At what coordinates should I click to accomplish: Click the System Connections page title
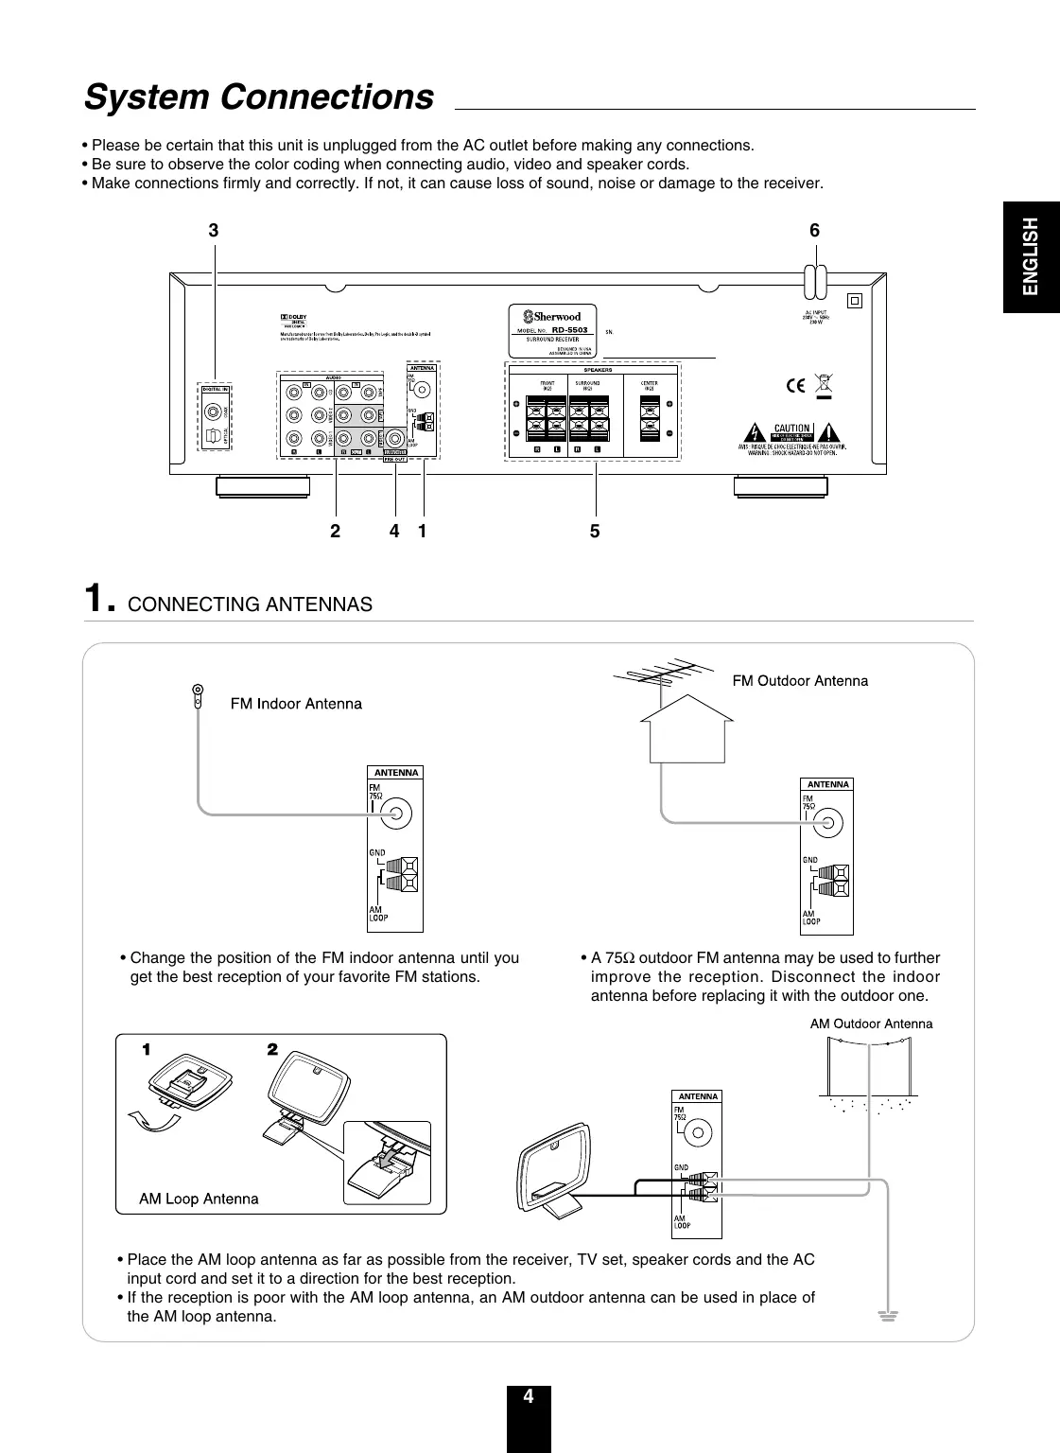pyautogui.click(x=259, y=97)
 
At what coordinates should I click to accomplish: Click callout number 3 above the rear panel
pyautogui.click(x=214, y=231)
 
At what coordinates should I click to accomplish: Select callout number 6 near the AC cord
pyautogui.click(x=815, y=231)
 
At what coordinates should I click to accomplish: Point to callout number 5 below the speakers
pyautogui.click(x=595, y=532)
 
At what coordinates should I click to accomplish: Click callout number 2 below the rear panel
pyautogui.click(x=335, y=532)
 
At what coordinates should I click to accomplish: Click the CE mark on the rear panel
pyautogui.click(x=795, y=385)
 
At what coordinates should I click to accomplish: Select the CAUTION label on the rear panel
pyautogui.click(x=791, y=429)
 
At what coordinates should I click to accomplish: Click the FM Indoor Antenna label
pyautogui.click(x=296, y=704)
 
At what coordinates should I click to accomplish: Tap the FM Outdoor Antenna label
pyautogui.click(x=800, y=681)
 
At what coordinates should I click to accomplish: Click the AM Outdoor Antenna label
pyautogui.click(x=871, y=1024)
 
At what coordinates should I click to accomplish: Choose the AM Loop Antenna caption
pyautogui.click(x=199, y=1199)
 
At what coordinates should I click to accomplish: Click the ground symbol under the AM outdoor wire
pyautogui.click(x=886, y=1316)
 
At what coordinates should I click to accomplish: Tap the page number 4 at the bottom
pyautogui.click(x=529, y=1396)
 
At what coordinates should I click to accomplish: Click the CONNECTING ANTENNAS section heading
pyautogui.click(x=250, y=604)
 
